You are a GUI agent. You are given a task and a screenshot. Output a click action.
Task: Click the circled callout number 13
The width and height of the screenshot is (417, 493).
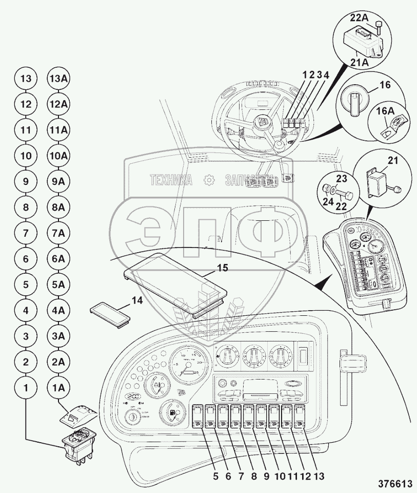tap(26, 79)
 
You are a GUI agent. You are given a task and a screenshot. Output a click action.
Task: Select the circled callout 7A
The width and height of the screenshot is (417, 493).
tap(58, 233)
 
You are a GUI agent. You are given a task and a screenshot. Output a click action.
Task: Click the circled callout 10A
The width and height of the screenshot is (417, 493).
tap(58, 156)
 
